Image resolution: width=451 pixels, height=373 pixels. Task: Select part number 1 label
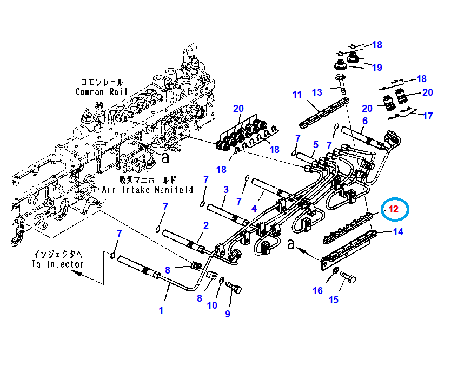click(x=161, y=310)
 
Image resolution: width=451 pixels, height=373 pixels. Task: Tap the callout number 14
click(x=399, y=233)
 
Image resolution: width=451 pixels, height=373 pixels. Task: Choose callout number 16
click(x=317, y=291)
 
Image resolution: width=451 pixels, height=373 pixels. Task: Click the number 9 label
click(x=228, y=314)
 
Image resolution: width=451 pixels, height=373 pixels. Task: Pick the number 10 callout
click(x=212, y=305)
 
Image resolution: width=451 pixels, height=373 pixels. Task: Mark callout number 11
click(x=297, y=95)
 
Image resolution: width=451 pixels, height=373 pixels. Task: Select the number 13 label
click(x=317, y=92)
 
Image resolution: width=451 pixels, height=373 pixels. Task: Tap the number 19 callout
click(x=376, y=67)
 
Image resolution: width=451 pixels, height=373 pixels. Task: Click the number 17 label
click(x=428, y=116)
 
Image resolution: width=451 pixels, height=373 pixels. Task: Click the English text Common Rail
click(x=102, y=92)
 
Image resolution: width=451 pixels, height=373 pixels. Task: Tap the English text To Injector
click(x=58, y=264)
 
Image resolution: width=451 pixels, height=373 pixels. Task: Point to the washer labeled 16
click(x=336, y=270)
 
